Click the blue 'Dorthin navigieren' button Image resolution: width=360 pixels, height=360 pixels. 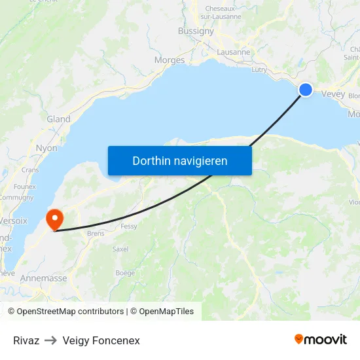(179, 160)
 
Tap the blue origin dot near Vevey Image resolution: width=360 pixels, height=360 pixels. (306, 90)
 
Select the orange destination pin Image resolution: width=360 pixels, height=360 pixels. (54, 219)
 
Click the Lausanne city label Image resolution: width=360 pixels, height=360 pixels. (233, 52)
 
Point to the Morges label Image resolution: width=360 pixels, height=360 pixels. (170, 60)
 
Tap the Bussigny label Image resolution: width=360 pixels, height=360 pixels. (196, 31)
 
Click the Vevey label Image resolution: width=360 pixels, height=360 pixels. (333, 94)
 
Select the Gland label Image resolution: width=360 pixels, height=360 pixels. (58, 119)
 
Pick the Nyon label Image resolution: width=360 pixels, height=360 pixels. (46, 148)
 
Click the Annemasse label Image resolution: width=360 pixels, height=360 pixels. (43, 278)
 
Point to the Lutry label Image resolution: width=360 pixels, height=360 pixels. (259, 69)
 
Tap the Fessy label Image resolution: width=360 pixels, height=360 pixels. (129, 226)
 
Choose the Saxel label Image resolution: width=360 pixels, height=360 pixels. (120, 249)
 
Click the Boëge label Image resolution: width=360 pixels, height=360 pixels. (125, 272)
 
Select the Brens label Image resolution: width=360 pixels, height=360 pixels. (95, 233)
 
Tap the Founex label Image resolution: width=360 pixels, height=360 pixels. (24, 187)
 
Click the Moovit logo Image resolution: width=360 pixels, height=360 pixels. (320, 339)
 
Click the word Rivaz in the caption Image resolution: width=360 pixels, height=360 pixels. (26, 340)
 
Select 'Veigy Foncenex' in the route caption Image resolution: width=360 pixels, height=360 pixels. (101, 340)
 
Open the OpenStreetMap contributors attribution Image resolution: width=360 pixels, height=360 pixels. (70, 312)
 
